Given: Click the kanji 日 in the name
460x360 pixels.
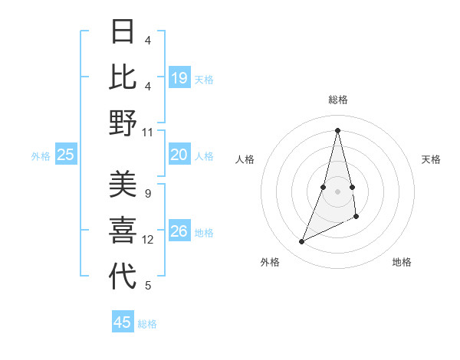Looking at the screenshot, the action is [123, 31].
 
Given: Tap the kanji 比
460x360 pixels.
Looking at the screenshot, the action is [123, 77].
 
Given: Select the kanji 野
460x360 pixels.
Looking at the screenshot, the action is [123, 123].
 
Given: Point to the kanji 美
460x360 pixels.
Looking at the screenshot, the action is [123, 185].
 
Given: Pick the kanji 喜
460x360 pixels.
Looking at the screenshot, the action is [123, 231].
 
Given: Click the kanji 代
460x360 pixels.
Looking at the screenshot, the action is [123, 277].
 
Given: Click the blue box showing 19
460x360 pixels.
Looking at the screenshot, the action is [179, 77].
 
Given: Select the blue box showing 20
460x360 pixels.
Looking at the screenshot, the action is [179, 155].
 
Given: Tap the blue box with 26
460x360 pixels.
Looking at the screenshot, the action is [179, 231].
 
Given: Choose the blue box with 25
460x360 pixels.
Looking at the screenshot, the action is [66, 155].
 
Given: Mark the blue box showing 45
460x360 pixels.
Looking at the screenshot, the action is [123, 322].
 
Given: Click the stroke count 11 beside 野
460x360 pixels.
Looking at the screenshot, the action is [148, 132].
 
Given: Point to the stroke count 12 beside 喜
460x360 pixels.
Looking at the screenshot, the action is [148, 240].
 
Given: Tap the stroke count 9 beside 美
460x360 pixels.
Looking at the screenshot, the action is [148, 193].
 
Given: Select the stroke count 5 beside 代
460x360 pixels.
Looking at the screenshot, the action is [148, 286].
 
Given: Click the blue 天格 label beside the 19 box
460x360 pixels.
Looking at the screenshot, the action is [204, 79].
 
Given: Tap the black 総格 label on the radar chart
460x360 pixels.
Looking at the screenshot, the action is [338, 100].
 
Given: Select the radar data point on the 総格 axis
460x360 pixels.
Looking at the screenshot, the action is [338, 129].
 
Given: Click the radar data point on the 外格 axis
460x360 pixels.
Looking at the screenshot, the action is [302, 242].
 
